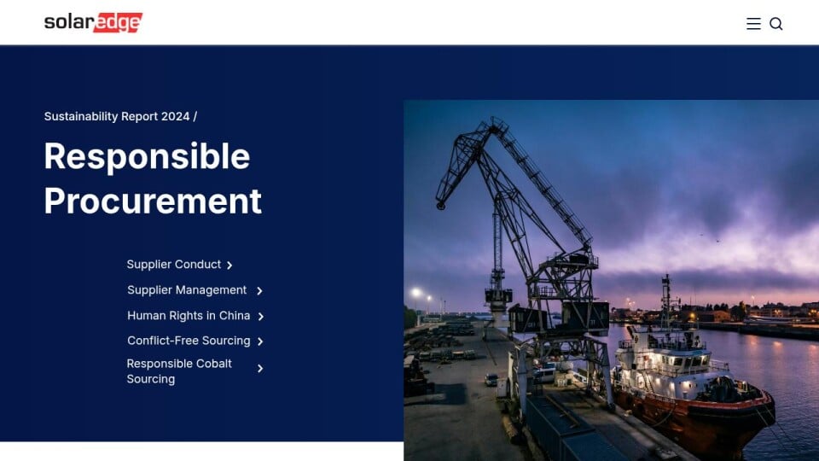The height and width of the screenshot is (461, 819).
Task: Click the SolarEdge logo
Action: coord(93,22)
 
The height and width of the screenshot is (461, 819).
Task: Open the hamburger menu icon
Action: coord(753,24)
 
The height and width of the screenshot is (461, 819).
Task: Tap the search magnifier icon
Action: coord(776,24)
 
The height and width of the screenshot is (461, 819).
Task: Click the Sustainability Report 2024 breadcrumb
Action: coord(117,117)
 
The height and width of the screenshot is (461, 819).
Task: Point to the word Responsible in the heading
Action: coord(148,156)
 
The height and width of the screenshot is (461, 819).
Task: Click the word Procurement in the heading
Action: coord(153,201)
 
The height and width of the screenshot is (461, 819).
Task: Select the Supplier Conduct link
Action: coord(174,265)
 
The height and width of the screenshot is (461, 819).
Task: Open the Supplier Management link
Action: coord(187,290)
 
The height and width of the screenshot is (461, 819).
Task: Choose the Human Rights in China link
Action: coord(189,316)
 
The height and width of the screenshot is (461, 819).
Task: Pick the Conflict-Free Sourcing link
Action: coord(189,341)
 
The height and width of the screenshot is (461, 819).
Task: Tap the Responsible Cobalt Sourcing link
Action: coord(179,371)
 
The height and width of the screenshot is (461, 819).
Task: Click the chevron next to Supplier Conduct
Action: coord(229,266)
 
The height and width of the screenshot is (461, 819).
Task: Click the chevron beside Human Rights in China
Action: coord(261,316)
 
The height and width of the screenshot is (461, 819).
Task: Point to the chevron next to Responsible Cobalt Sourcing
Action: coord(260,369)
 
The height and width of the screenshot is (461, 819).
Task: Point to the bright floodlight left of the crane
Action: coord(416,292)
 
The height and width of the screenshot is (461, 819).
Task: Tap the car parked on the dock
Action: coord(491,379)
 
